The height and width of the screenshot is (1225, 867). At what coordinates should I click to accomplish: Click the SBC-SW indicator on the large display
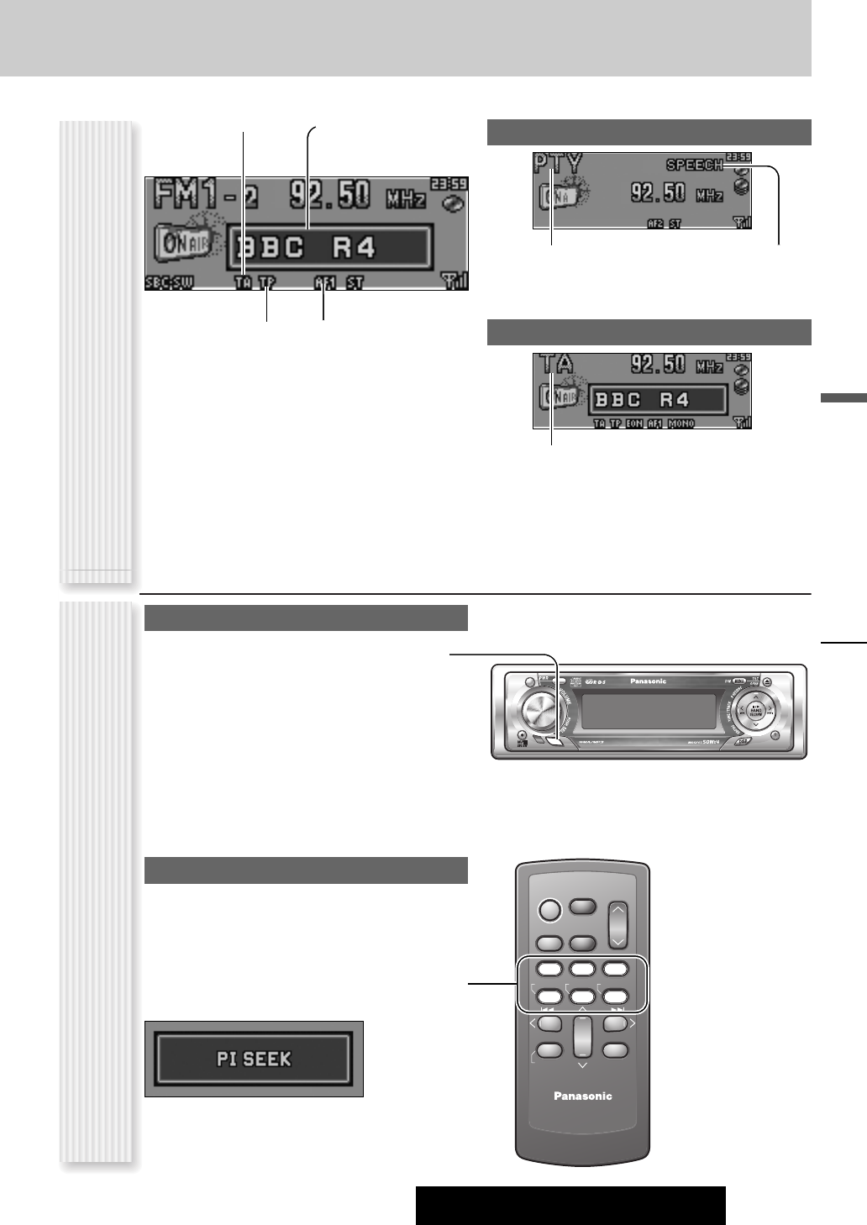(x=168, y=283)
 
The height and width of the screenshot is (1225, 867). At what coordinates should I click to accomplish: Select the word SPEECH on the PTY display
(x=694, y=166)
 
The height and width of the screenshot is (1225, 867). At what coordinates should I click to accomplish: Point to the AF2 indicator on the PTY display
(x=656, y=223)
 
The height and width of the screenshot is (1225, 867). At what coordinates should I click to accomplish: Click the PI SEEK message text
(x=254, y=1059)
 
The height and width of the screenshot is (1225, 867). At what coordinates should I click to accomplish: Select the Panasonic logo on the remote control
(x=582, y=1096)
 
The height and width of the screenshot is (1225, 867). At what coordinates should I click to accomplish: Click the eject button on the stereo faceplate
(x=780, y=681)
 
